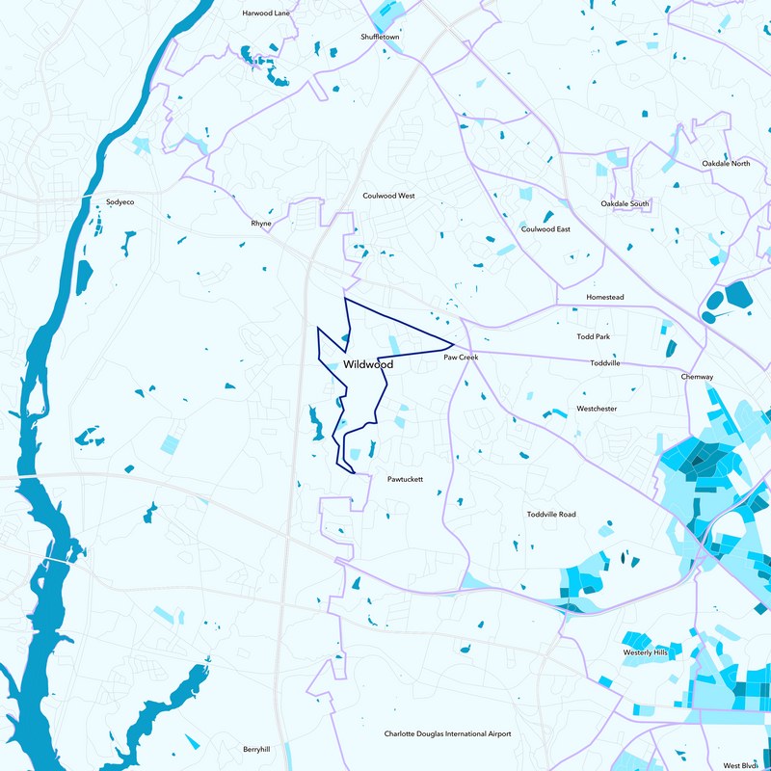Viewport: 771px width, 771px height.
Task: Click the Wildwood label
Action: click(368, 365)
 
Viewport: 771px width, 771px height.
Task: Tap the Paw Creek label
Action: click(461, 358)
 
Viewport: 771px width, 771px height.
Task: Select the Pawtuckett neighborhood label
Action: click(405, 479)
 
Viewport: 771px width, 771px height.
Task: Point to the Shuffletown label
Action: click(381, 37)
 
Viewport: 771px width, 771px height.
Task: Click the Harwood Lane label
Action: click(265, 14)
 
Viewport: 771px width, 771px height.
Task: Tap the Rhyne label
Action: click(261, 224)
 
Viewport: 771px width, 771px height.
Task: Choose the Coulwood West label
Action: click(388, 196)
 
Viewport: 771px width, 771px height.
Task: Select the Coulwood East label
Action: click(545, 229)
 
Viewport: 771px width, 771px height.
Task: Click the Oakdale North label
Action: click(726, 164)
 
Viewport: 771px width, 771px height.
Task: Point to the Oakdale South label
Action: click(625, 204)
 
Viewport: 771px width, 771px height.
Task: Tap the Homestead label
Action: click(606, 298)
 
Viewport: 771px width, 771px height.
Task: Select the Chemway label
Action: click(697, 377)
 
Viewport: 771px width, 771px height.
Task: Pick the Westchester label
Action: click(597, 409)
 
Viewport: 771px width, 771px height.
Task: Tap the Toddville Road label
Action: click(551, 515)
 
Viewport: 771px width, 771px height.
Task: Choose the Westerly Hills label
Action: click(646, 652)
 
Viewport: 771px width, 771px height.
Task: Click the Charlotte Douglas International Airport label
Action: click(447, 734)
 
